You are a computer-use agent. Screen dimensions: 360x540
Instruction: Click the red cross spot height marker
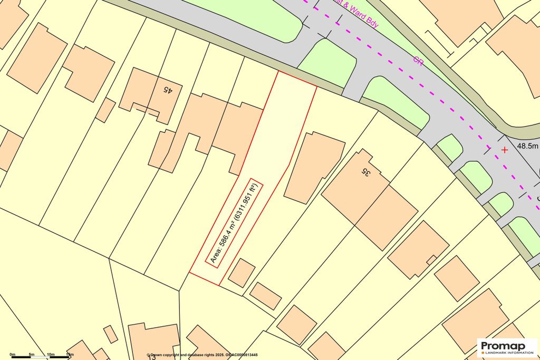pos(505,150)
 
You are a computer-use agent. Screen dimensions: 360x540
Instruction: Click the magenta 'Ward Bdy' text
pos(360,14)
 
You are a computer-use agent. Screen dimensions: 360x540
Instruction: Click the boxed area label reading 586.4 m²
pos(234,223)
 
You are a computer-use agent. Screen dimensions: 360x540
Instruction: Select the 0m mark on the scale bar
pos(12,354)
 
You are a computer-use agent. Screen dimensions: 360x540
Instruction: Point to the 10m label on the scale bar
pos(51,354)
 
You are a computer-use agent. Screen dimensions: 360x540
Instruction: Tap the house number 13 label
pos(152,357)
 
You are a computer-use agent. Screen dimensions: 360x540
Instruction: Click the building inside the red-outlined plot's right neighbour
pos(313,165)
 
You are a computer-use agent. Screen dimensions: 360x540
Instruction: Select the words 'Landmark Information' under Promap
pos(505,352)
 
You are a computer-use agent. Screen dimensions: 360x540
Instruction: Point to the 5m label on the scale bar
pos(32,354)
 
